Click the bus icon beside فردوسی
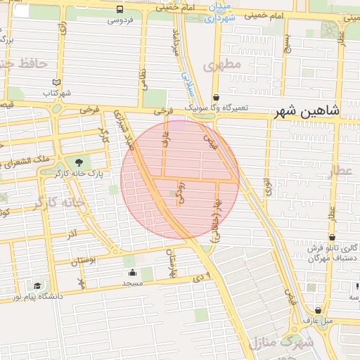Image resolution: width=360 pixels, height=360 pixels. pos(120,10)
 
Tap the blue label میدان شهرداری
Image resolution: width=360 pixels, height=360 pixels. pos(219,13)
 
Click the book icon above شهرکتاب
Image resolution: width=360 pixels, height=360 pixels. pos(57,83)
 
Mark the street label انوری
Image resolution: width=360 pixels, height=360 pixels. pos(267,186)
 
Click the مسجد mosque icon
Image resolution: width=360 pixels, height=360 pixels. pos(133,272)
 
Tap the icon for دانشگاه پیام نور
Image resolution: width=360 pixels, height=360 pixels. pos(37,286)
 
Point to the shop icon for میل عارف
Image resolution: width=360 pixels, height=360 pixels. pos(319,309)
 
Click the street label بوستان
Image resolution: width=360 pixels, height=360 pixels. pos(83,261)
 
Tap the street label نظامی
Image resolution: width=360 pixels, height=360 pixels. pos(143,77)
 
